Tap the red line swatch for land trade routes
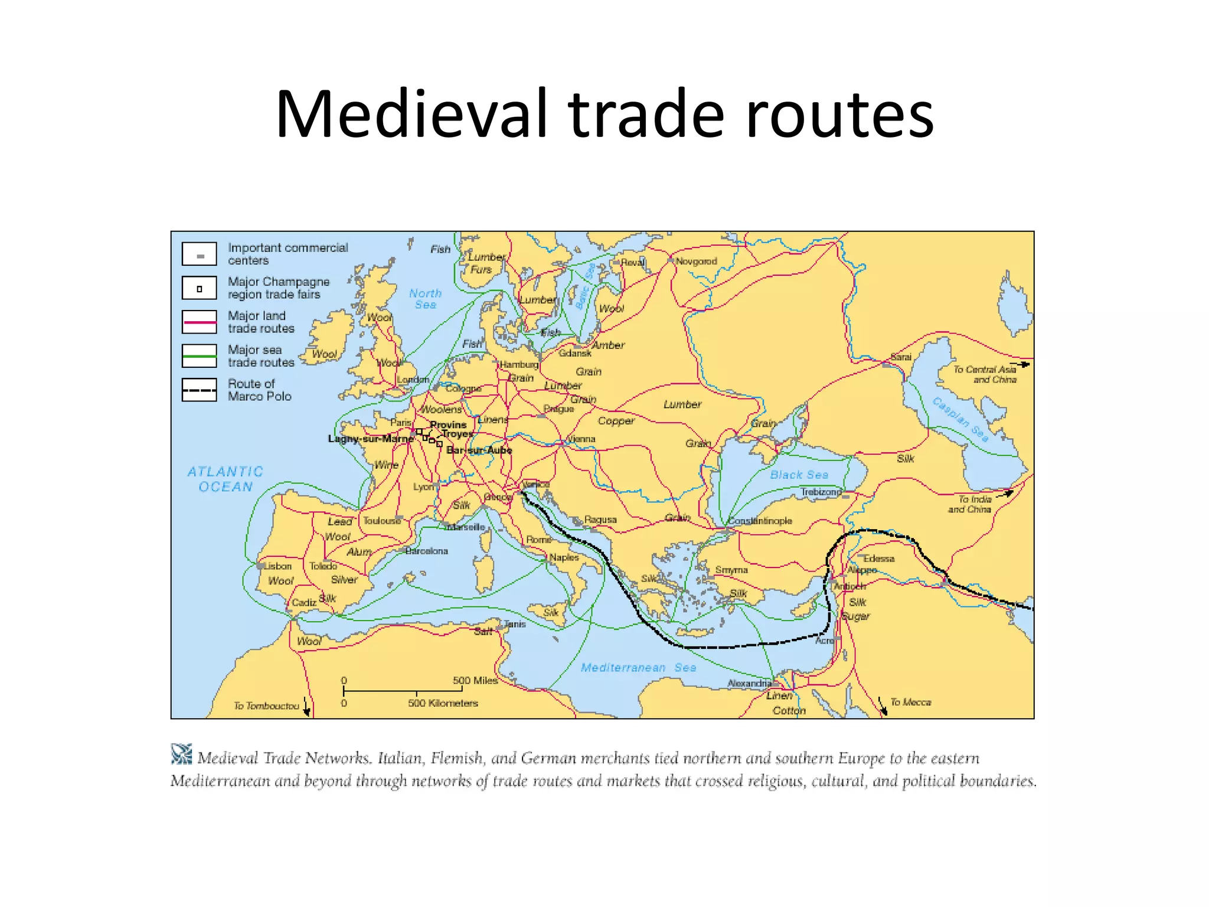pyautogui.click(x=200, y=322)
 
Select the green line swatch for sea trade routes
pyautogui.click(x=200, y=356)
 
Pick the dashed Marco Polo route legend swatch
pyautogui.click(x=200, y=390)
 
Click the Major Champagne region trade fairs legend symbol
pyautogui.click(x=200, y=289)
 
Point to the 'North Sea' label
pyautogui.click(x=425, y=299)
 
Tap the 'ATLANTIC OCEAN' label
pyautogui.click(x=225, y=479)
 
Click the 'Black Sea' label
pyautogui.click(x=799, y=475)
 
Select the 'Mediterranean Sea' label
pyautogui.click(x=638, y=667)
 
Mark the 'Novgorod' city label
pyautogui.click(x=696, y=261)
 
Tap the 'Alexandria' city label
pyautogui.click(x=749, y=683)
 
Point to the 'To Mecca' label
pyautogui.click(x=910, y=702)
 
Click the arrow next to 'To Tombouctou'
pyautogui.click(x=306, y=706)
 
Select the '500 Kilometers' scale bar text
pyautogui.click(x=443, y=703)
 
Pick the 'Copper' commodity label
pyautogui.click(x=616, y=421)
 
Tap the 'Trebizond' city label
pyautogui.click(x=821, y=492)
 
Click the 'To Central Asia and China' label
pyautogui.click(x=985, y=374)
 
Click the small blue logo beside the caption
pyautogui.click(x=181, y=754)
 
